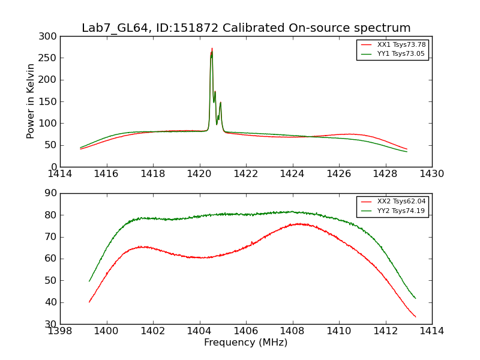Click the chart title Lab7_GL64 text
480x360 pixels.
(x=113, y=28)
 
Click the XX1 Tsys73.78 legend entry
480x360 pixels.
(x=401, y=45)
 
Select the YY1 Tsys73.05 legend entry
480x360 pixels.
(x=401, y=54)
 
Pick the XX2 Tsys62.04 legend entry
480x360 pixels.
(x=401, y=202)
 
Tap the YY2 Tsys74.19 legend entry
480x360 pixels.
(x=401, y=211)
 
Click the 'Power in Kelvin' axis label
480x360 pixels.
(x=31, y=101)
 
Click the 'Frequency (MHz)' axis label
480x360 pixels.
(x=246, y=343)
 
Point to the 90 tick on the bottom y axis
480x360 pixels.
(x=52, y=193)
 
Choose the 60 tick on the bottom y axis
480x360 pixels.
(x=52, y=259)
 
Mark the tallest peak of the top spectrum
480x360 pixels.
(x=212, y=49)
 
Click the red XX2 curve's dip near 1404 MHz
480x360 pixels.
(x=200, y=257)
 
